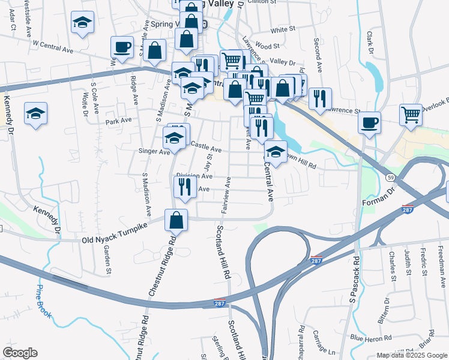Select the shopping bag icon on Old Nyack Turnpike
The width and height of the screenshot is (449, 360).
176,220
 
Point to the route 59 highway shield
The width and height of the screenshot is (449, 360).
390,178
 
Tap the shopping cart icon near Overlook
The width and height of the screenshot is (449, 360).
411,113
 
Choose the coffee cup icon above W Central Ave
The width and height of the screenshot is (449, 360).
122,47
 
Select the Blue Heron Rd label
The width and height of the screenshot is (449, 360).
371,337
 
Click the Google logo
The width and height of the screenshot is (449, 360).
20,353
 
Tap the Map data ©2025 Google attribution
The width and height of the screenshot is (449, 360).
411,355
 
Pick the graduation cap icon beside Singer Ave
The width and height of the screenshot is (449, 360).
173,140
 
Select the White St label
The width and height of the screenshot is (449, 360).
283,29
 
